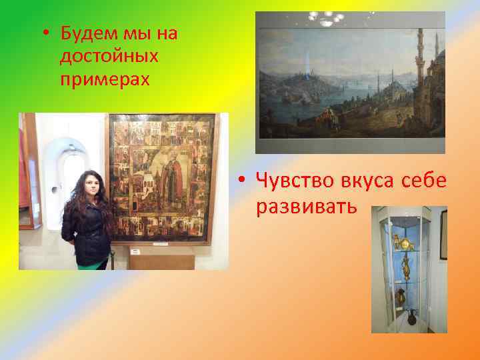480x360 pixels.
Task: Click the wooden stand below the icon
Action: (161, 258)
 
